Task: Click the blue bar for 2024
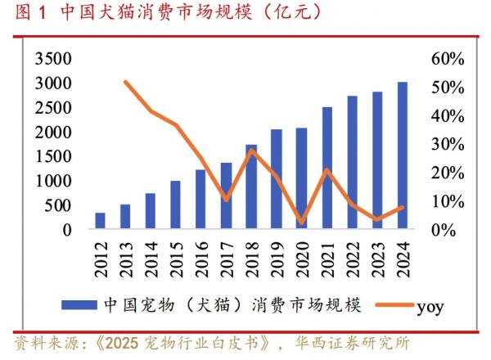pos(402,156)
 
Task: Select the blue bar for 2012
pos(100,222)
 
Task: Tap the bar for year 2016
pos(200,200)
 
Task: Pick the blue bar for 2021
pos(327,169)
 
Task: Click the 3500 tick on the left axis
pos(53,60)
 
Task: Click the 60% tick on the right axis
pos(448,60)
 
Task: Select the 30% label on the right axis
pos(448,145)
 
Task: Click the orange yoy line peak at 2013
pos(125,82)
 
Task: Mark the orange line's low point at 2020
pos(302,222)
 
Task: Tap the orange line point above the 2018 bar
pos(251,150)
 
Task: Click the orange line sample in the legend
pos(393,306)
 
